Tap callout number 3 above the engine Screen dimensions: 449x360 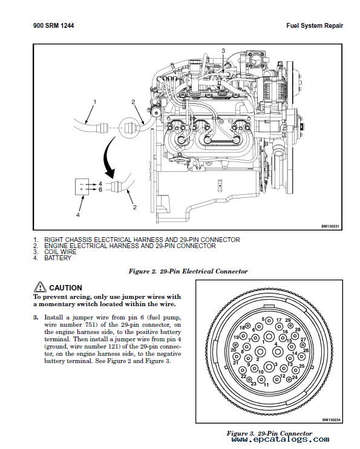(x=223, y=51)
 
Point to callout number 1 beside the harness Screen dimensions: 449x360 (x=94, y=101)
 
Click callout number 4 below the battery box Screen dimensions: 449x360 (x=78, y=214)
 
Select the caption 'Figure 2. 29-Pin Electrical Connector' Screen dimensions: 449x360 (x=188, y=272)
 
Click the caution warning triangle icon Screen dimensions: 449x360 (x=41, y=287)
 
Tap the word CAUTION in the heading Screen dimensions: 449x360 (x=65, y=288)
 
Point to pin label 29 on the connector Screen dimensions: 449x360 (x=288, y=320)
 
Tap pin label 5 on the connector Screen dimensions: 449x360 (x=263, y=319)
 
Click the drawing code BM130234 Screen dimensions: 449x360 (x=332, y=419)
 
